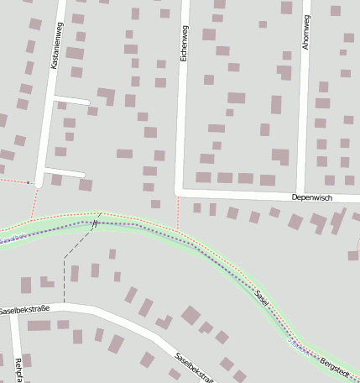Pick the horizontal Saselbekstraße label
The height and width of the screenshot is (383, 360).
click(25, 310)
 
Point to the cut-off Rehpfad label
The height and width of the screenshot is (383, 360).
click(18, 370)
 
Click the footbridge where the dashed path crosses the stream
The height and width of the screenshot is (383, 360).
click(96, 223)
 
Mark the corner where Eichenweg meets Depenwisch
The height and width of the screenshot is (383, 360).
click(179, 190)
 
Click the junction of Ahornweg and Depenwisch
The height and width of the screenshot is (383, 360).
click(301, 192)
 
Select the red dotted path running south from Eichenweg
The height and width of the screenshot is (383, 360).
click(178, 212)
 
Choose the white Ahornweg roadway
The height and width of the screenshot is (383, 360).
click(305, 109)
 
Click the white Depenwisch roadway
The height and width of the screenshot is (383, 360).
click(243, 191)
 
